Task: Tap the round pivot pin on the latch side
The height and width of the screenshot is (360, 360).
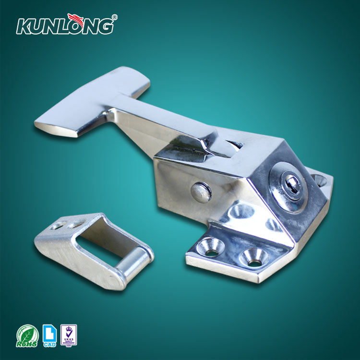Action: (201, 191)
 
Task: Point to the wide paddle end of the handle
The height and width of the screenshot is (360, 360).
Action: (91, 103)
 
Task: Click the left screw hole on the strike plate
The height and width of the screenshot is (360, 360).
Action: (58, 224)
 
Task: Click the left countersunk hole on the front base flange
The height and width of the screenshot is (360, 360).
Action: (211, 246)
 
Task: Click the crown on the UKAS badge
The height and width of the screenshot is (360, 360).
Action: (69, 330)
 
